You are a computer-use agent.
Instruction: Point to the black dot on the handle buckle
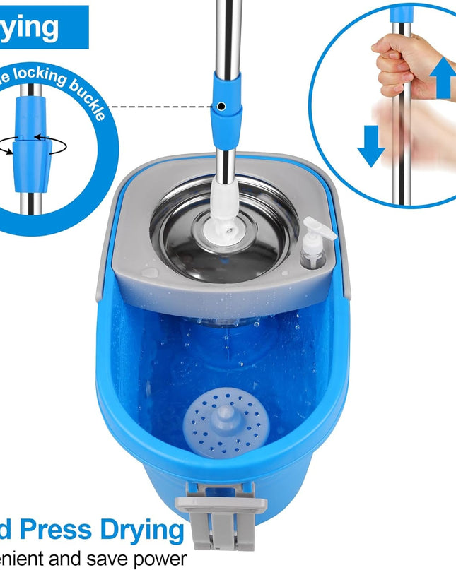[222, 107]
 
